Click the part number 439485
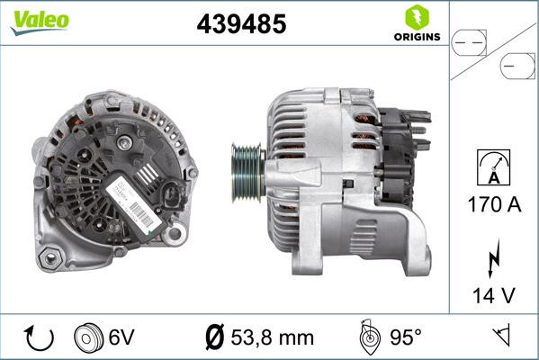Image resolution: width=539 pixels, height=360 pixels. (x=241, y=25)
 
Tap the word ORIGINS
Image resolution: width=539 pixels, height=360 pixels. (x=417, y=38)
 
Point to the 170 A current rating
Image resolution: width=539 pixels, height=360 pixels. (x=495, y=205)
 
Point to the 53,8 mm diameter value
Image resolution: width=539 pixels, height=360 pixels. (x=270, y=337)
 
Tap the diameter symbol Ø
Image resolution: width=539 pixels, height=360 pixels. (x=214, y=337)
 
